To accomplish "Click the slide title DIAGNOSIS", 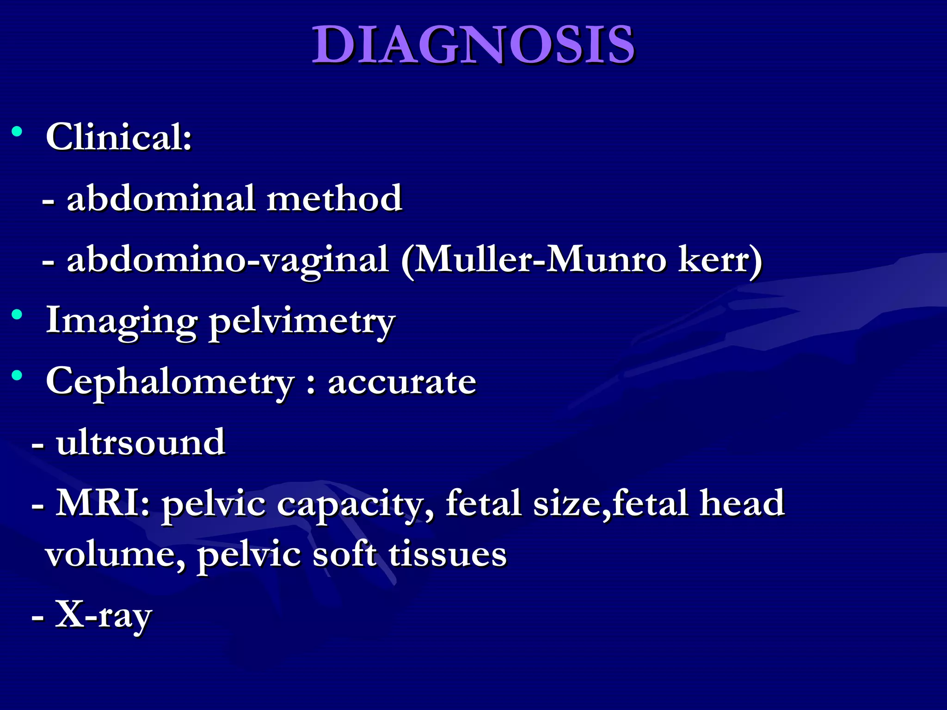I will pyautogui.click(x=473, y=45).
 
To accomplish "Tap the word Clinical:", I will pyautogui.click(x=119, y=137).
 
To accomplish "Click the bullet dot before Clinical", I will pyautogui.click(x=17, y=132).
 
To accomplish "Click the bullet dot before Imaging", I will pyautogui.click(x=17, y=315).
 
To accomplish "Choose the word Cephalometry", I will pyautogui.click(x=170, y=382).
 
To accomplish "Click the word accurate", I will pyautogui.click(x=402, y=382).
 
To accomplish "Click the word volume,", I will pyautogui.click(x=115, y=554).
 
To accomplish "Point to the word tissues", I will pyautogui.click(x=448, y=554).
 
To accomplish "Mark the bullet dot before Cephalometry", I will pyautogui.click(x=17, y=376).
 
